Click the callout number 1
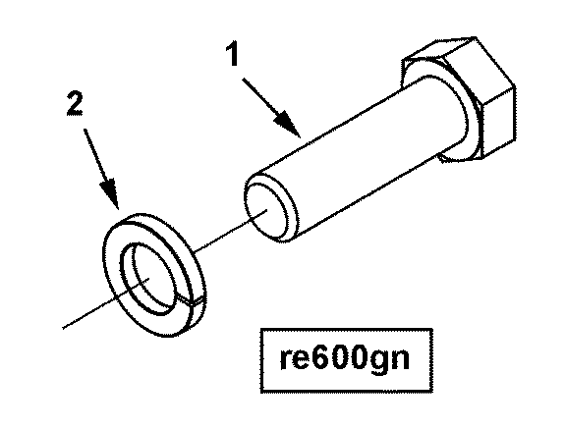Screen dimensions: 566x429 pos(233,54)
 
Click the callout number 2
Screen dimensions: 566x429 pos(75,103)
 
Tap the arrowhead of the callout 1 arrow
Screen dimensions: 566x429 pos(288,125)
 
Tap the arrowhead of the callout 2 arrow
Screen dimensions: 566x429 pos(110,193)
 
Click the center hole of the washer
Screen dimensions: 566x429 pos(148,278)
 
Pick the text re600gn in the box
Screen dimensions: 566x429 pos(345,358)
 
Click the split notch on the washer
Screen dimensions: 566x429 pos(192,301)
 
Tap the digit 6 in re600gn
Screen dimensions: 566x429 pos(321,357)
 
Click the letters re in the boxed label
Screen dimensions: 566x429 pos(296,359)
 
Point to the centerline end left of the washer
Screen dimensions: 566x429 pos(63,328)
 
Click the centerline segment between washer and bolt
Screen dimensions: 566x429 pos(231,230)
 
